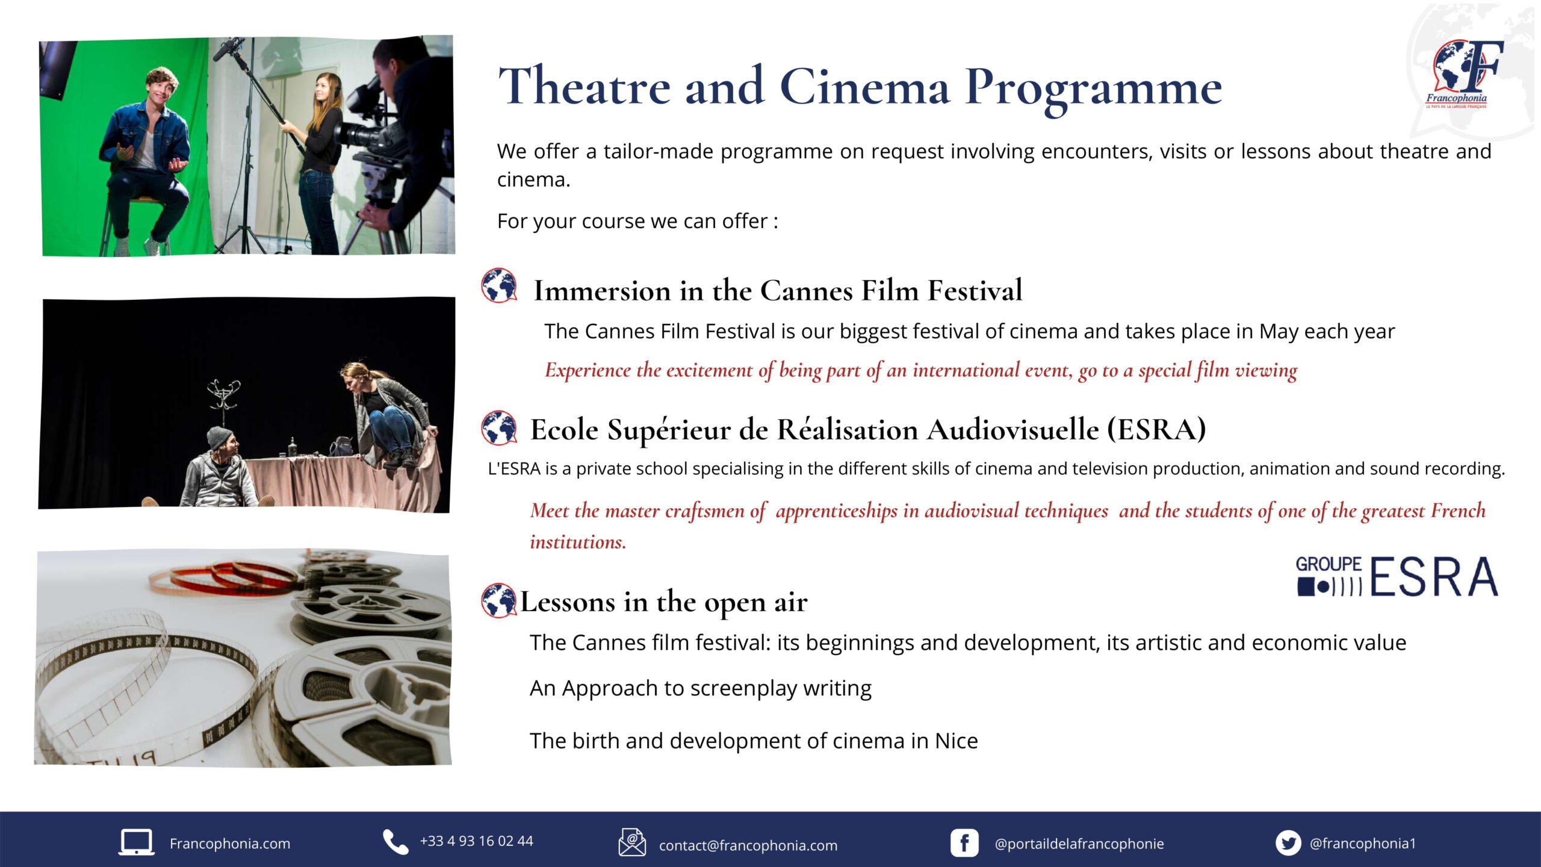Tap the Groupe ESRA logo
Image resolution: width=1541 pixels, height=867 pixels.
point(1397,576)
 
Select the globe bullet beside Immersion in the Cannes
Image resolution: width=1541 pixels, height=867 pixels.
point(499,285)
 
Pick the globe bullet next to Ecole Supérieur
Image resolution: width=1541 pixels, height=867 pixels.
point(499,427)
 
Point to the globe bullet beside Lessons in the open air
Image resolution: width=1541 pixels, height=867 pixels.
point(499,600)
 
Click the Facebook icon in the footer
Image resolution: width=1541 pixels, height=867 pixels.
point(964,843)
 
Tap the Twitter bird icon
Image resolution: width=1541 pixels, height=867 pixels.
point(1289,843)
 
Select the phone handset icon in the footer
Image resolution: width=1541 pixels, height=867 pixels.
point(395,842)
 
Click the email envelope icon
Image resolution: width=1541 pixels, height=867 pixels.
point(632,842)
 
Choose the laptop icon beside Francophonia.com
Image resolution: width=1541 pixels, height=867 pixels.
point(136,842)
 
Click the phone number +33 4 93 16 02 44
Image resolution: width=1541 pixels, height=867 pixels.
point(477,841)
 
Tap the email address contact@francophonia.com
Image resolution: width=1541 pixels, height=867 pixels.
point(748,845)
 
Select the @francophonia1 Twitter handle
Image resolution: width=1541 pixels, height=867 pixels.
point(1363,844)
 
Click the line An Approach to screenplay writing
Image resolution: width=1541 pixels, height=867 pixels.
point(701,688)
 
